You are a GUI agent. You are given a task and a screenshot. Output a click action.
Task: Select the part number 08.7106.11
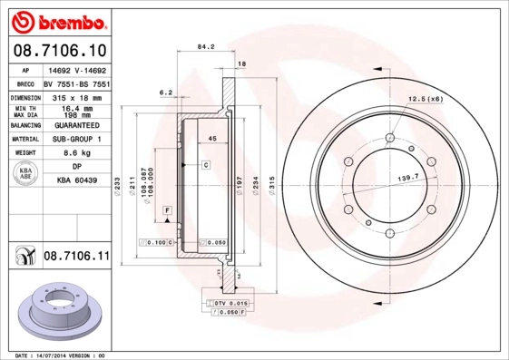pos(76,259)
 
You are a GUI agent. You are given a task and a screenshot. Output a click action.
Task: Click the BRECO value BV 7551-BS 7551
pos(76,83)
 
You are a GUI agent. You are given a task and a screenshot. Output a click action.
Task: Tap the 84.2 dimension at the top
pos(205,49)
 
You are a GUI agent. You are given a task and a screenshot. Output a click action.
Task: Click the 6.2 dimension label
pos(165,92)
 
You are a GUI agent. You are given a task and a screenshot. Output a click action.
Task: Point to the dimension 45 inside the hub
pos(211,139)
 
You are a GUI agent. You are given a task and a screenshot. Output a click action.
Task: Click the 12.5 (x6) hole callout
pos(425,98)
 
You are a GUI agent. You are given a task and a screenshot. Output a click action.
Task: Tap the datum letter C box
pos(206,165)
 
